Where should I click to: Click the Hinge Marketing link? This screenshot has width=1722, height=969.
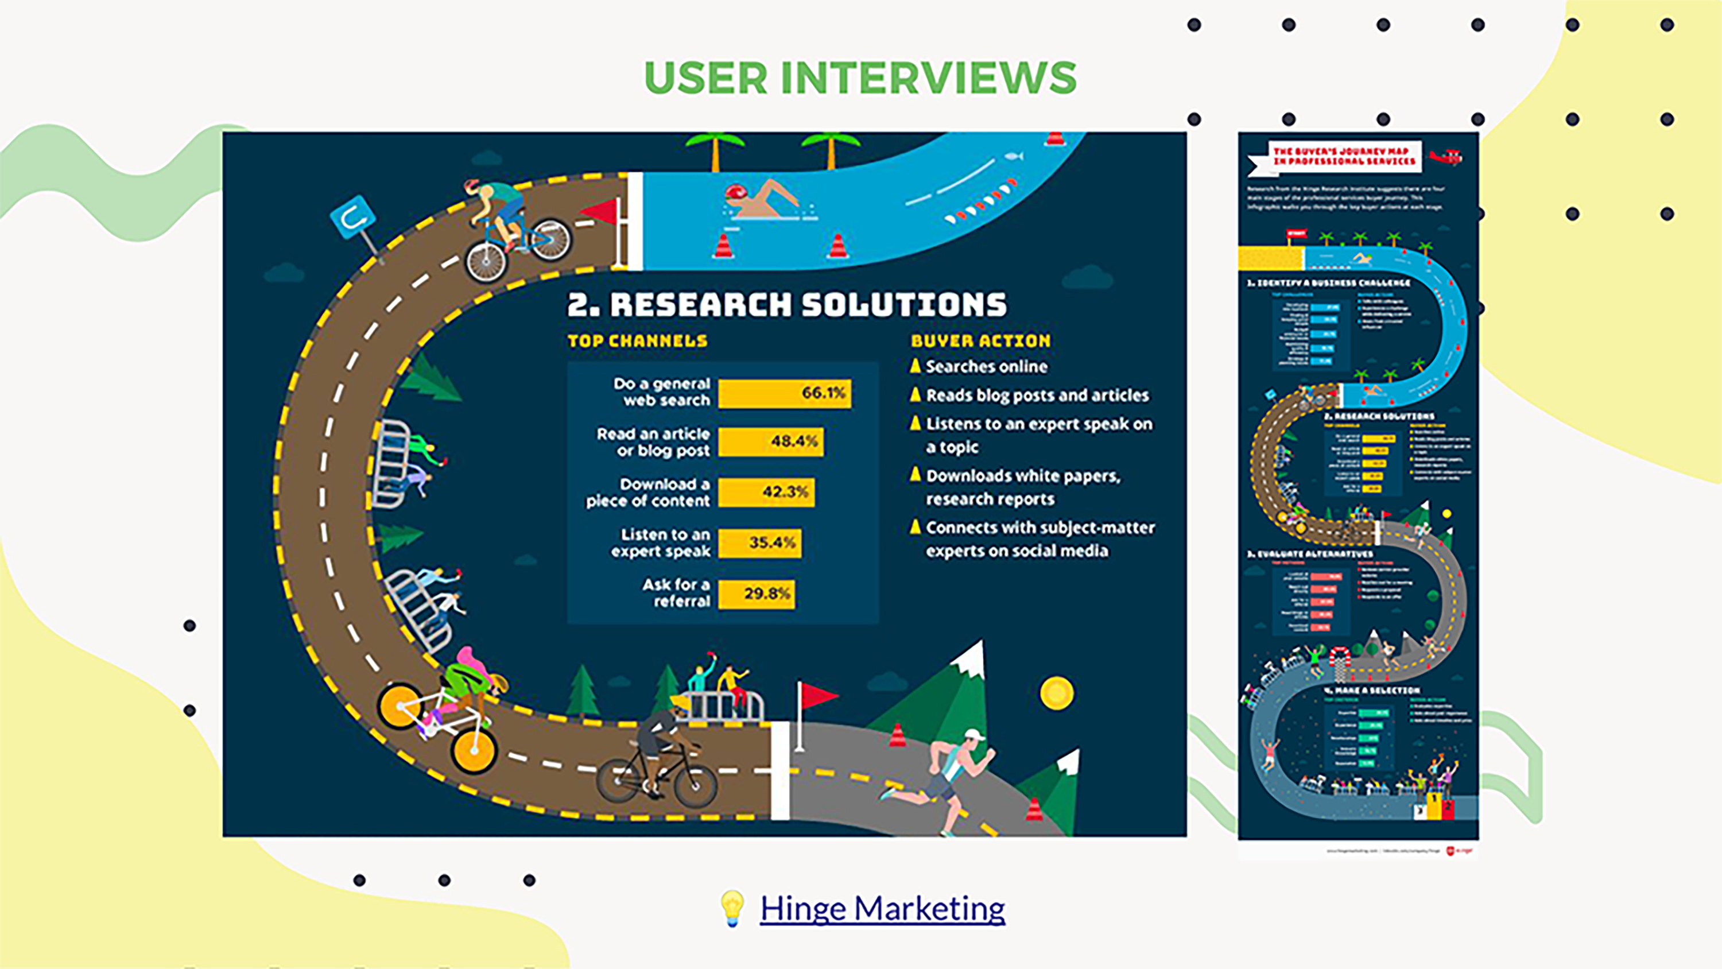pyautogui.click(x=882, y=909)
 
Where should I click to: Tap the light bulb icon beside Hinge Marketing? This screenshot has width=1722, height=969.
pyautogui.click(x=731, y=908)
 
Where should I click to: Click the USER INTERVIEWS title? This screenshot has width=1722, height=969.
pyautogui.click(x=860, y=77)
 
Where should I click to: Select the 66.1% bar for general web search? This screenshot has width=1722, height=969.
pyautogui.click(x=784, y=393)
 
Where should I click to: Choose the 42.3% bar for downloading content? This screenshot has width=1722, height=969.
pyautogui.click(x=766, y=492)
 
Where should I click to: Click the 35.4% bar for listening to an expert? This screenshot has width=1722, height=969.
pyautogui.click(x=759, y=542)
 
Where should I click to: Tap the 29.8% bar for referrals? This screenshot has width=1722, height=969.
pyautogui.click(x=756, y=594)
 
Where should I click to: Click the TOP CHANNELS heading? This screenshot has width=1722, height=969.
pyautogui.click(x=637, y=341)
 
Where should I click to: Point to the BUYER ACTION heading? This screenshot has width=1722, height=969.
pyautogui.click(x=980, y=341)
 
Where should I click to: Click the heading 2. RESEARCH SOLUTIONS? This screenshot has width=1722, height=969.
pyautogui.click(x=787, y=305)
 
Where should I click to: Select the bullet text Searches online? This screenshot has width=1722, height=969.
pyautogui.click(x=986, y=366)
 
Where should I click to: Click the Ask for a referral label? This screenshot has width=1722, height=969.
pyautogui.click(x=676, y=593)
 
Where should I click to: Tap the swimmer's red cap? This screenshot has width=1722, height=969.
pyautogui.click(x=736, y=193)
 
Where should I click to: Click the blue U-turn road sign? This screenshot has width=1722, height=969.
pyautogui.click(x=352, y=216)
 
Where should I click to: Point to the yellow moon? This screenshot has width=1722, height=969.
pyautogui.click(x=1056, y=693)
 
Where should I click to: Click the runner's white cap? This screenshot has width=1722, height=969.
pyautogui.click(x=974, y=735)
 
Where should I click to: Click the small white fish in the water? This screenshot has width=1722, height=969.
pyautogui.click(x=1014, y=157)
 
